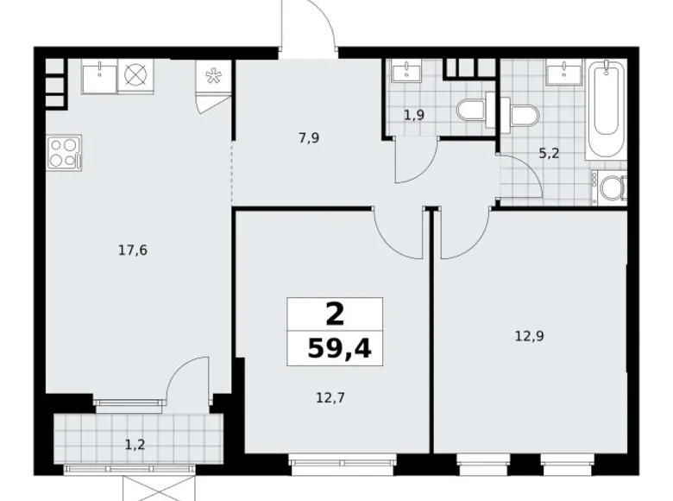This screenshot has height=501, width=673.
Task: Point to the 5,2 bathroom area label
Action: [548, 155]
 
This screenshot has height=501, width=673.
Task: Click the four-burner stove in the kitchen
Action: [65, 152]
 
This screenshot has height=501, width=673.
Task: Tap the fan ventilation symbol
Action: [211, 75]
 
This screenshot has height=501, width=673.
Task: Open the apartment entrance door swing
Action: [309, 30]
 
